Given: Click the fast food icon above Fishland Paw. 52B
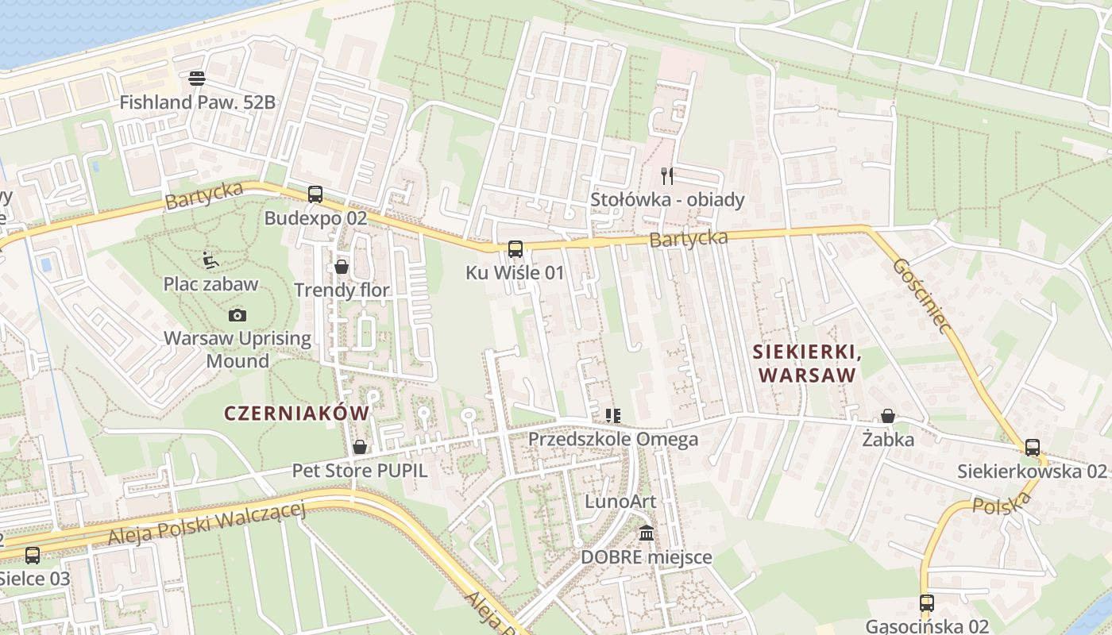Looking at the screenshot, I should (x=197, y=78).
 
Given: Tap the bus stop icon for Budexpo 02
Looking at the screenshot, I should (x=315, y=194).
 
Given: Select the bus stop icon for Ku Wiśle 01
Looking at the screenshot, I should (x=515, y=249).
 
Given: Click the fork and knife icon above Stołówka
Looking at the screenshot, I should (x=667, y=175).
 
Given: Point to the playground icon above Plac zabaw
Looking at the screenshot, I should (x=210, y=260).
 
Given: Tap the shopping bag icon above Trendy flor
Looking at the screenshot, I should (x=342, y=267).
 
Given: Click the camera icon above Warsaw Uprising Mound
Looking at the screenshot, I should (x=237, y=315).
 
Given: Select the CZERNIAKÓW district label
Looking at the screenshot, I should (x=297, y=413).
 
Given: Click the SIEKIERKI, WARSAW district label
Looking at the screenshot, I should (x=805, y=363).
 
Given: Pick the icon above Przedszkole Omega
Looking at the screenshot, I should (x=612, y=415).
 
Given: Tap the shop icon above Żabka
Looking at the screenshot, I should (x=888, y=416).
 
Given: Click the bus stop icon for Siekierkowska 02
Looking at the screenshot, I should (x=1032, y=448).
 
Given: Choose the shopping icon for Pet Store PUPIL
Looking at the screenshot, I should (x=360, y=447).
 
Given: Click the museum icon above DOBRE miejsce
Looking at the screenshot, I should (x=647, y=533).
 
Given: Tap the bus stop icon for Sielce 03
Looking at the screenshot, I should (x=33, y=555).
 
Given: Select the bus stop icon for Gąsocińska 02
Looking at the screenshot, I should (x=926, y=602).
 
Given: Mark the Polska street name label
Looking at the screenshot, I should (x=1002, y=503).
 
